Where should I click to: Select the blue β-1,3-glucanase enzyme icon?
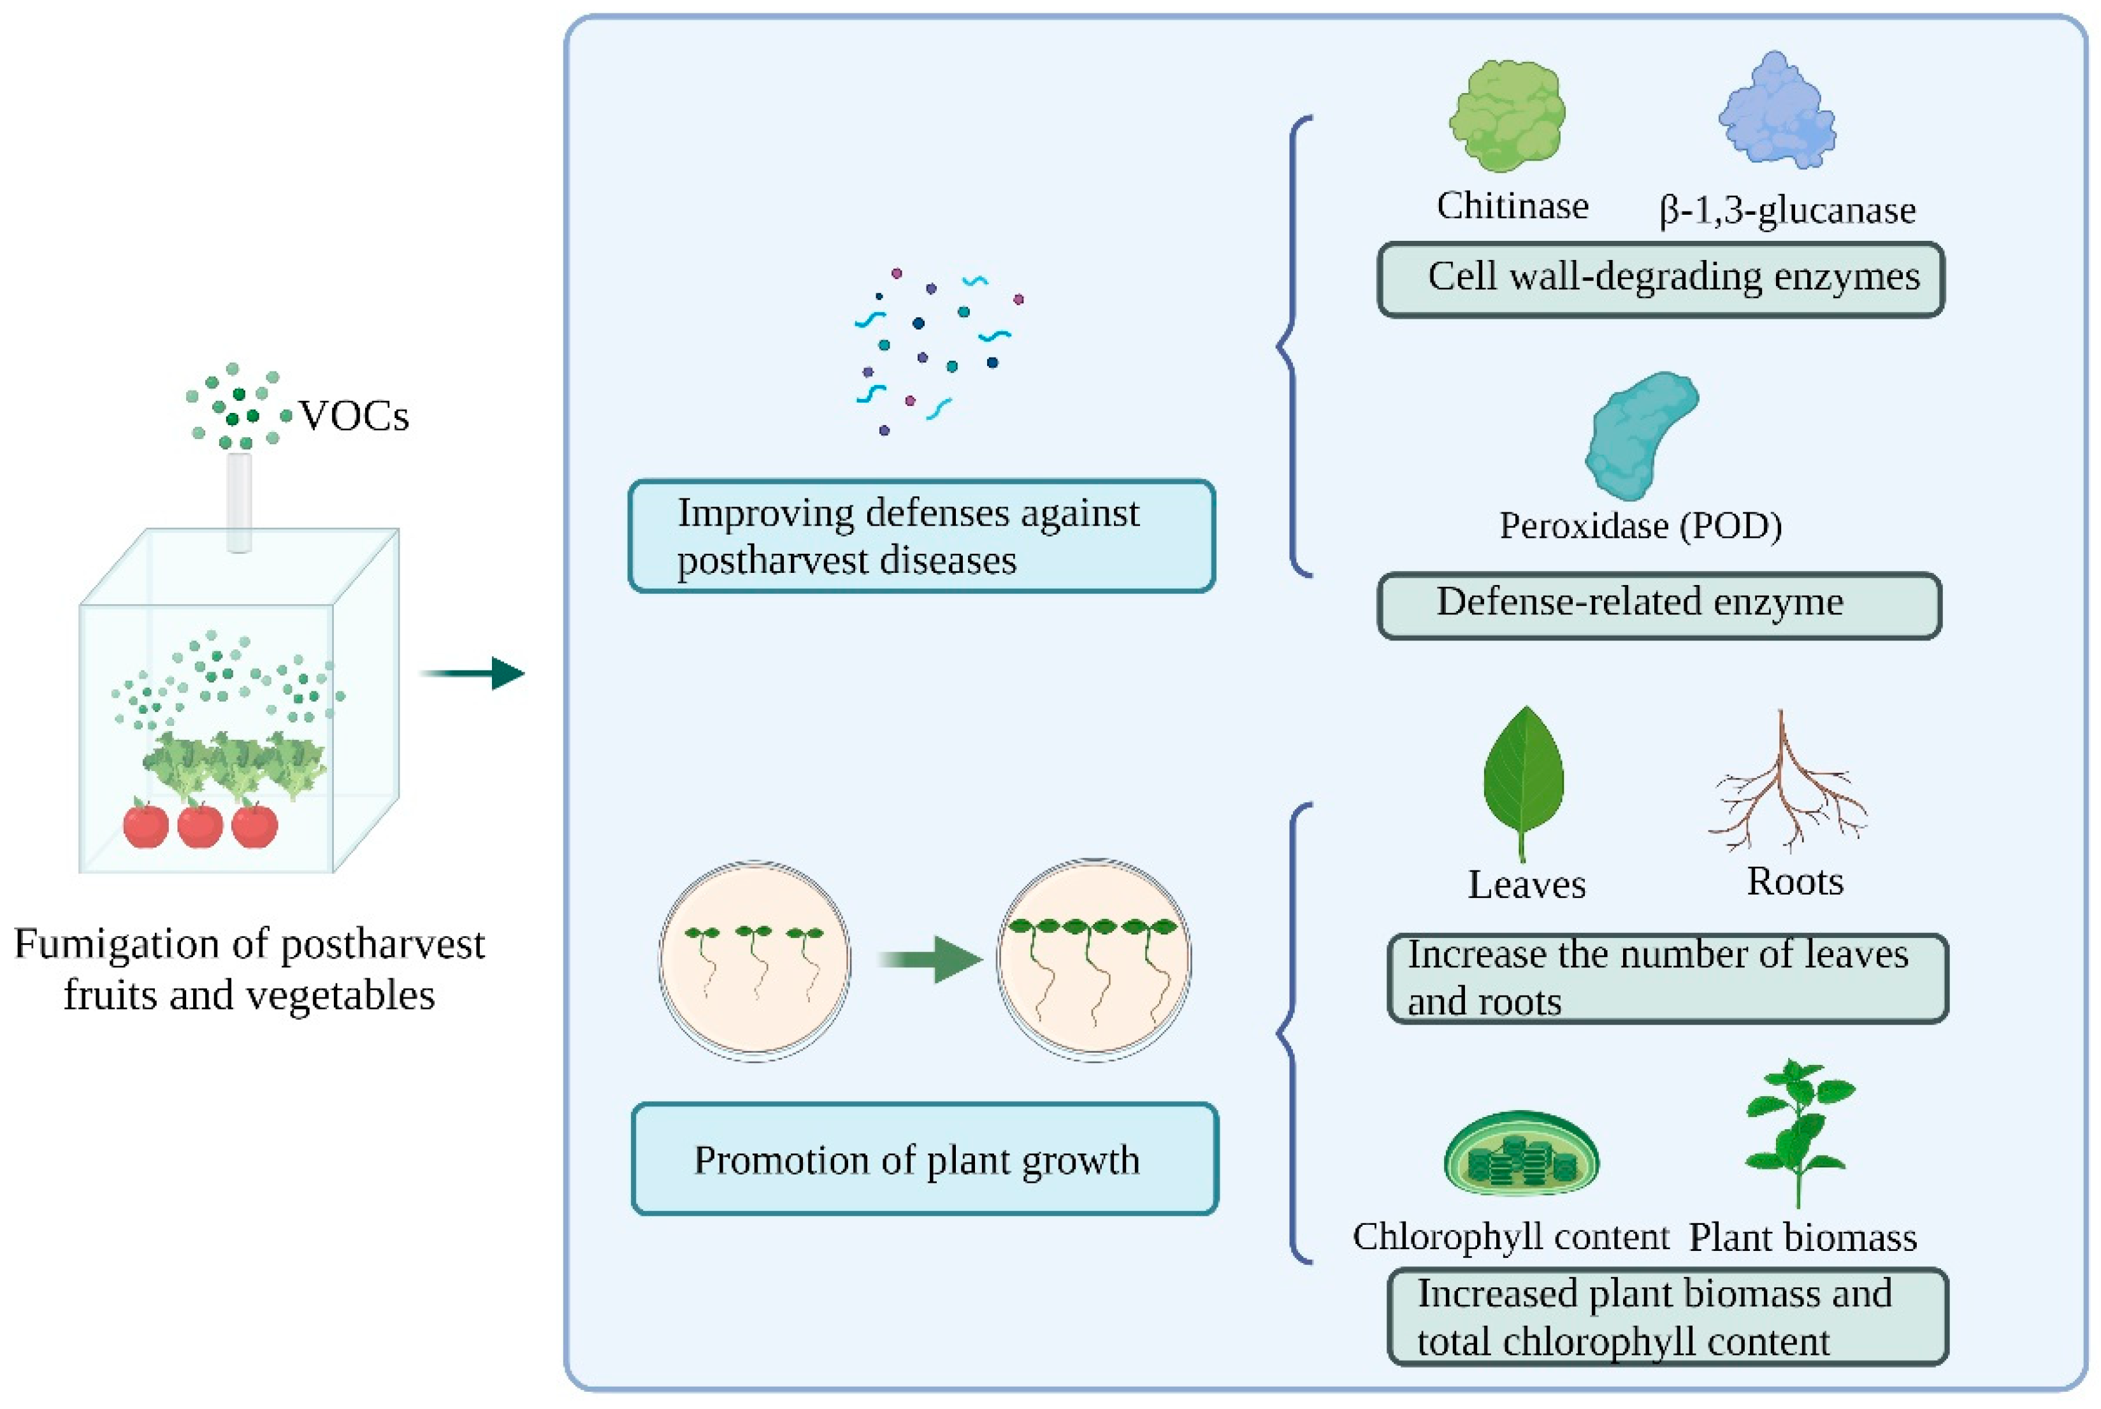click(x=1777, y=110)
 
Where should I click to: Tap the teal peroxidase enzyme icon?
click(x=1641, y=436)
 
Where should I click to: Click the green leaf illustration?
click(x=1523, y=783)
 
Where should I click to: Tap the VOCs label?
click(x=354, y=416)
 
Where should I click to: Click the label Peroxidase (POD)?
click(x=1641, y=526)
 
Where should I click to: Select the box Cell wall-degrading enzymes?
click(x=1661, y=278)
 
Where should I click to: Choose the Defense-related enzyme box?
click(x=1660, y=605)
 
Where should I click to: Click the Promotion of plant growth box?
click(x=925, y=1159)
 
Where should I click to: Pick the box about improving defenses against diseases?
click(x=922, y=535)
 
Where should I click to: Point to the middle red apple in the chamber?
click(x=199, y=824)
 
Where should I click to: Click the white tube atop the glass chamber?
click(x=239, y=502)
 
